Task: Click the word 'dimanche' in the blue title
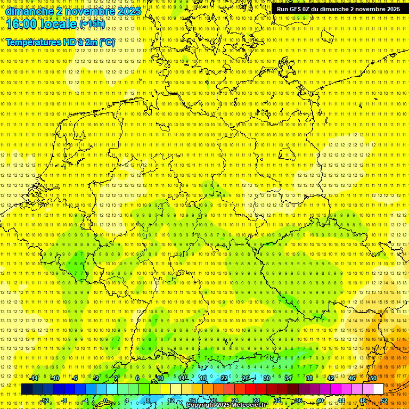click(30, 11)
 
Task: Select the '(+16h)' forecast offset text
click(92, 24)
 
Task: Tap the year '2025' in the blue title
click(128, 11)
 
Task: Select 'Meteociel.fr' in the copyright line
click(248, 405)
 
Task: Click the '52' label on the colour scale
click(384, 400)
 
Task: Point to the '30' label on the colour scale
click(267, 378)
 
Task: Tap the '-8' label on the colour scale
click(64, 400)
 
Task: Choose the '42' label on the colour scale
click(331, 378)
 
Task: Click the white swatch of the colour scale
click(378, 389)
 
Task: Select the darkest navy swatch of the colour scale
click(27, 389)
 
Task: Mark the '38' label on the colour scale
click(309, 378)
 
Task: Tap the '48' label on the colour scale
click(363, 400)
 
